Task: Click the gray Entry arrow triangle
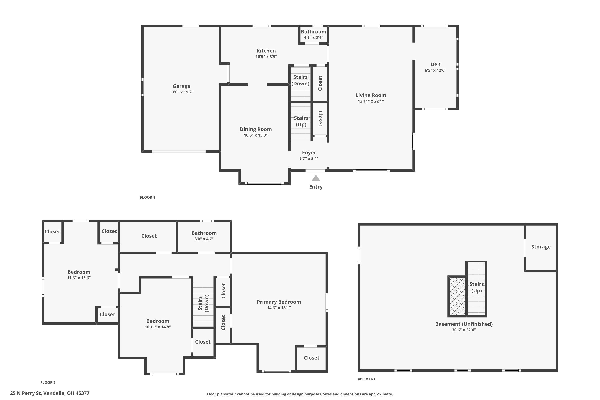pyautogui.click(x=316, y=178)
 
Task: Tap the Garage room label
pyautogui.click(x=181, y=86)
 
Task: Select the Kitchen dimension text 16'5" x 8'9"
pyautogui.click(x=266, y=57)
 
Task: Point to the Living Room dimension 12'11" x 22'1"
pyautogui.click(x=371, y=101)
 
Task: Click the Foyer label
pyautogui.click(x=309, y=153)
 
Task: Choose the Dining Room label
pyautogui.click(x=256, y=129)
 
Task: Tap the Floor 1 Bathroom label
pyautogui.click(x=314, y=32)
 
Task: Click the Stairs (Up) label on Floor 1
pyautogui.click(x=301, y=121)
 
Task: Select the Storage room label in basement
pyautogui.click(x=541, y=247)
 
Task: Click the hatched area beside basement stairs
pyautogui.click(x=457, y=296)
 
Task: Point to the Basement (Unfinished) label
pyautogui.click(x=464, y=324)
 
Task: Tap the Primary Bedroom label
pyautogui.click(x=279, y=302)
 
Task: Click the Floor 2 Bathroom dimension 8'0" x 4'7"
pyautogui.click(x=204, y=239)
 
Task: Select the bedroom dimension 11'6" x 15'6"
pyautogui.click(x=79, y=278)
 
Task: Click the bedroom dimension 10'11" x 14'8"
pyautogui.click(x=158, y=327)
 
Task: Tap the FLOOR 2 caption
pyautogui.click(x=48, y=382)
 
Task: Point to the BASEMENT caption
pyautogui.click(x=366, y=379)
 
